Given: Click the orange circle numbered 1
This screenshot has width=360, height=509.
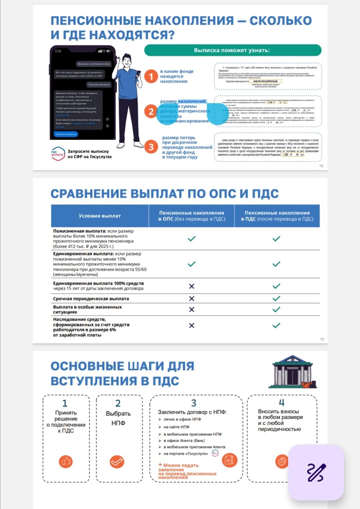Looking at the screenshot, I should point(151,76).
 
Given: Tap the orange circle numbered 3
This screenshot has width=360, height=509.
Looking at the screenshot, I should point(151,147).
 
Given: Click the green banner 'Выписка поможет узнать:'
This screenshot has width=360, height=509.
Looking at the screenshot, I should point(232,50).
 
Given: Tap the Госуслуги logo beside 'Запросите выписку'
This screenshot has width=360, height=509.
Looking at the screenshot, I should point(58,154).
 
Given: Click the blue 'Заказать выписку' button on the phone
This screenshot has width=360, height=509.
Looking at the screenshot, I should point(66,134).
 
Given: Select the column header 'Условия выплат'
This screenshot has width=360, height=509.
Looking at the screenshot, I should point(100,216).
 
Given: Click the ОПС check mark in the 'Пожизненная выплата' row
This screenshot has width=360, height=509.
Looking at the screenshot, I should point(191,239).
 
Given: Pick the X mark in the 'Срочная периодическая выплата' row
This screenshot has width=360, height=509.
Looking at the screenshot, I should point(191,298).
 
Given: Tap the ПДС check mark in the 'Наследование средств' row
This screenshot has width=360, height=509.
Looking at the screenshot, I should point(276,325).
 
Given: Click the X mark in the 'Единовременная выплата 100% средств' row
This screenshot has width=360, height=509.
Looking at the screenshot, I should point(191,286).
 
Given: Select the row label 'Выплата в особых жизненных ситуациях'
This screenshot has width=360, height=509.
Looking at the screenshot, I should point(87,309).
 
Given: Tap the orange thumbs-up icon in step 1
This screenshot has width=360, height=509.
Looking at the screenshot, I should point(66,461).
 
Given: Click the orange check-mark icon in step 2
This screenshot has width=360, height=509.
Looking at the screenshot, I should point(117,462).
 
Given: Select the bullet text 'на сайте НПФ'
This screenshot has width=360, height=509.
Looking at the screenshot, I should point(176,427).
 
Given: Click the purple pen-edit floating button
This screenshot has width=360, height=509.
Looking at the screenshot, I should point(316,472).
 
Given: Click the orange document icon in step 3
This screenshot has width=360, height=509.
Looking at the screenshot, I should point(229,460).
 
